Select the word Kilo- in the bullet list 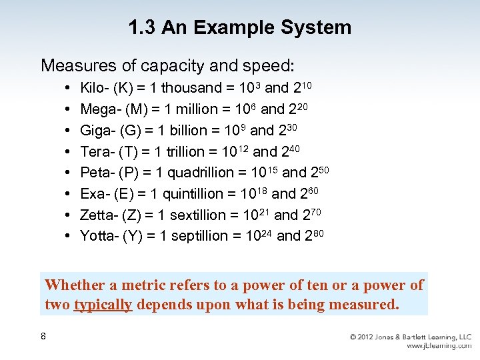pyautogui.click(x=95, y=87)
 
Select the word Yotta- pyautogui.click(x=100, y=236)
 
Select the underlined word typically pyautogui.click(x=103, y=305)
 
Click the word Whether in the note pyautogui.click(x=75, y=285)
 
